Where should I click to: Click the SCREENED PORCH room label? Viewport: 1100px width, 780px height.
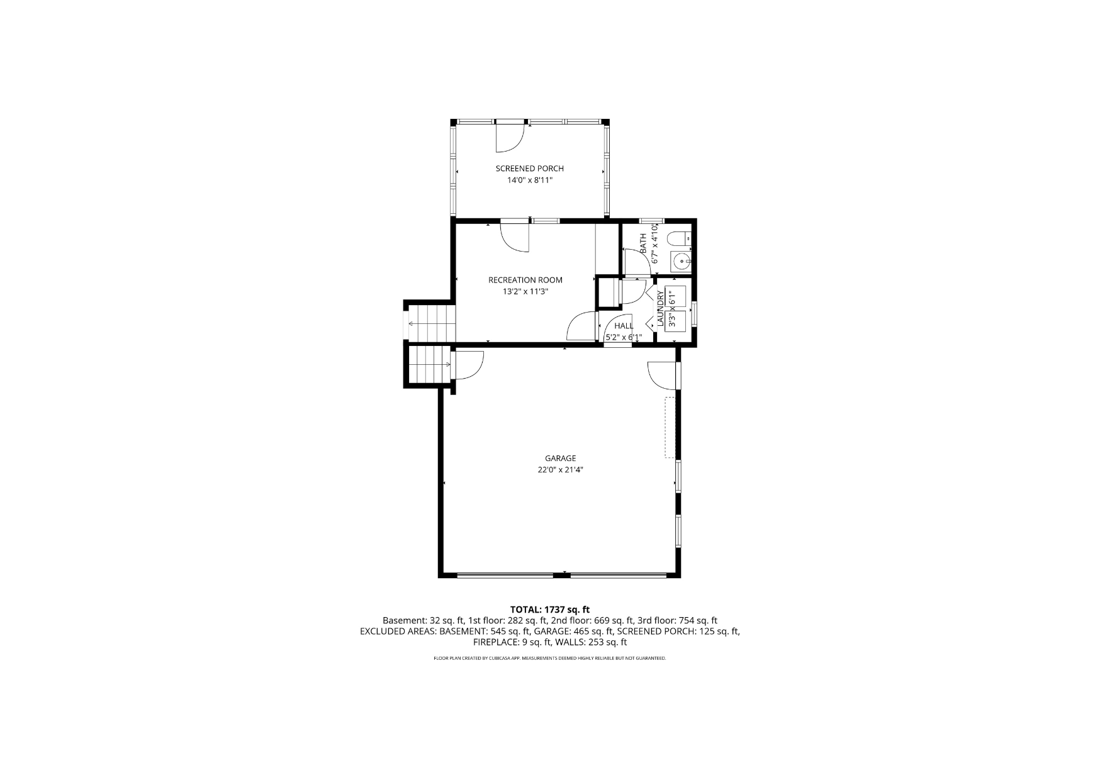coord(529,169)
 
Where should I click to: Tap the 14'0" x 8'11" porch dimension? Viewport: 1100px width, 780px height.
coord(529,181)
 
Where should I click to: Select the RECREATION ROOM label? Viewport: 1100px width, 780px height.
coord(525,280)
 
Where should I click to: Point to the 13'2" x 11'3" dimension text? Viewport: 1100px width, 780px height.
coord(525,291)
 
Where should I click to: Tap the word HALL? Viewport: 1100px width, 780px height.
coord(624,326)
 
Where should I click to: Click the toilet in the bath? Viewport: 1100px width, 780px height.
coord(679,239)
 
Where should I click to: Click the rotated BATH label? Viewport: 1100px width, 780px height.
coord(643,244)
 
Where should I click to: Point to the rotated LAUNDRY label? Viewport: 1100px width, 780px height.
coord(660,308)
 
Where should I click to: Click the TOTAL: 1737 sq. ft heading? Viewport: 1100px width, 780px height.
coord(550,609)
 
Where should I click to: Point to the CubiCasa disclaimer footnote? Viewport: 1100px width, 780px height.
coord(550,658)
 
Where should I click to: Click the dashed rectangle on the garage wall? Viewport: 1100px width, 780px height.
coord(670,427)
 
